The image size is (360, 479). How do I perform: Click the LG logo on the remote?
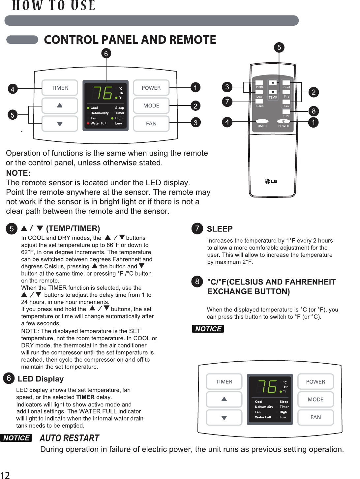271,181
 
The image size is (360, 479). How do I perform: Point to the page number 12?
5,475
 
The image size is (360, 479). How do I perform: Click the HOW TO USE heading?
54,6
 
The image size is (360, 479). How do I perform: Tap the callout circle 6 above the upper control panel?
106,53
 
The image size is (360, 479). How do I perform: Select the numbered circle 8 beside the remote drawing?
314,111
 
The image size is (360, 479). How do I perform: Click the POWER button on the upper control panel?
151,88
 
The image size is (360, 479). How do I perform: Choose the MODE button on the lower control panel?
315,400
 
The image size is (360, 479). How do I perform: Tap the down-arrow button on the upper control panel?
60,124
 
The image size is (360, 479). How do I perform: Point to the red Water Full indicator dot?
88,123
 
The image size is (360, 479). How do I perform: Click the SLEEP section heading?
220,229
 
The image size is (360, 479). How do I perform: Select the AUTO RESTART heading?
69,438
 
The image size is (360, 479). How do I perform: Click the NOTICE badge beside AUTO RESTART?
16,438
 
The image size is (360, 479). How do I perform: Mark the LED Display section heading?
41,379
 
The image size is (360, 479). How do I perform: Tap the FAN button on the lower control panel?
315,417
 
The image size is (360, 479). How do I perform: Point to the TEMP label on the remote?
273,98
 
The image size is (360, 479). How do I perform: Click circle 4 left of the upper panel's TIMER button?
13,89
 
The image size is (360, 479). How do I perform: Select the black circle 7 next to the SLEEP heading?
197,228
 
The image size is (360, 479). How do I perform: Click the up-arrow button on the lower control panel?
224,399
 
